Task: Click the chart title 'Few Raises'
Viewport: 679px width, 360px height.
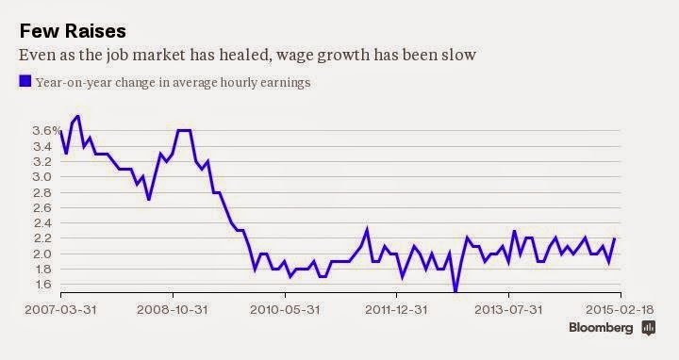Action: (73, 31)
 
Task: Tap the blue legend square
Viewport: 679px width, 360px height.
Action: (25, 81)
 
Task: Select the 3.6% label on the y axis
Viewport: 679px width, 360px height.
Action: (46, 131)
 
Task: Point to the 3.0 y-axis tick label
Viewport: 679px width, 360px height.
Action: (42, 177)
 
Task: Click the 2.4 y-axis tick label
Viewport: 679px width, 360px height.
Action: (42, 223)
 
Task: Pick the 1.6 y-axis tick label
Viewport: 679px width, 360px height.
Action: (42, 285)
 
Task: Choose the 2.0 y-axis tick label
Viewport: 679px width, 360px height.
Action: (42, 254)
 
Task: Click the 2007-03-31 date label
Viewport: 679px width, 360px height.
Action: (60, 310)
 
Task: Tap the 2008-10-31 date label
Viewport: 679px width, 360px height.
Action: (173, 310)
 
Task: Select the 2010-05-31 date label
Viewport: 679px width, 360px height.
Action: (285, 310)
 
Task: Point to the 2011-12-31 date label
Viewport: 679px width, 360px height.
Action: (396, 310)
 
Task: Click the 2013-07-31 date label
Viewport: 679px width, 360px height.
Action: (508, 310)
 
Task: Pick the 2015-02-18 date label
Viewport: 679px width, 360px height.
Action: (620, 310)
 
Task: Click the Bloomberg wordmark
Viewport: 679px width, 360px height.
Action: (601, 328)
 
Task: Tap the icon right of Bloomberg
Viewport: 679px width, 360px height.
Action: (648, 328)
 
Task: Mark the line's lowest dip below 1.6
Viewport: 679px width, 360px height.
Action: (455, 291)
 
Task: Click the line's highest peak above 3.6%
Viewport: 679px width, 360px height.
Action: (77, 116)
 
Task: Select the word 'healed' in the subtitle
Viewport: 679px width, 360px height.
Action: (244, 55)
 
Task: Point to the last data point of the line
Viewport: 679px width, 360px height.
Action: (615, 238)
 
